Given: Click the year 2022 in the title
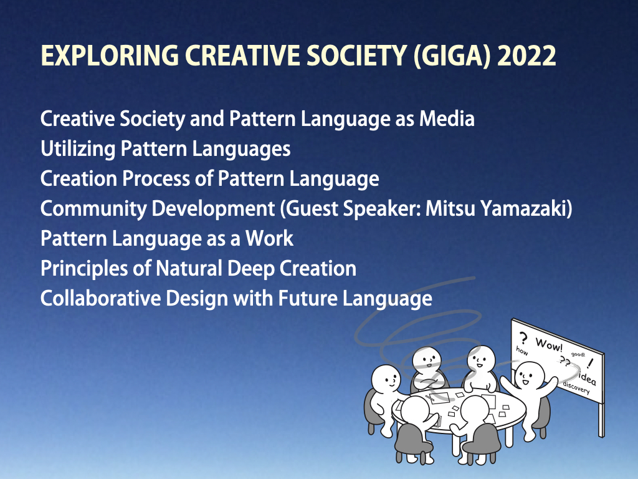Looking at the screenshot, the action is pyautogui.click(x=526, y=56).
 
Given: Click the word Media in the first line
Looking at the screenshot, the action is pyautogui.click(x=447, y=119).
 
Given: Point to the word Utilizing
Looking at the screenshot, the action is pyautogui.click(x=78, y=149).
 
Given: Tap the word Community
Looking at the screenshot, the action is pyautogui.click(x=93, y=210).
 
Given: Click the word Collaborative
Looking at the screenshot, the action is pyautogui.click(x=100, y=298).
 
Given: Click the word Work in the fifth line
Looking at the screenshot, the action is pyautogui.click(x=269, y=239).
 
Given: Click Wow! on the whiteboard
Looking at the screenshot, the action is pyautogui.click(x=549, y=344).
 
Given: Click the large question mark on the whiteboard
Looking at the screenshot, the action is pyautogui.click(x=523, y=338).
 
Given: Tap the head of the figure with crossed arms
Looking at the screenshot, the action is pyautogui.click(x=427, y=360).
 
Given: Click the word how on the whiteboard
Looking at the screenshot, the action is pyautogui.click(x=522, y=351).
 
